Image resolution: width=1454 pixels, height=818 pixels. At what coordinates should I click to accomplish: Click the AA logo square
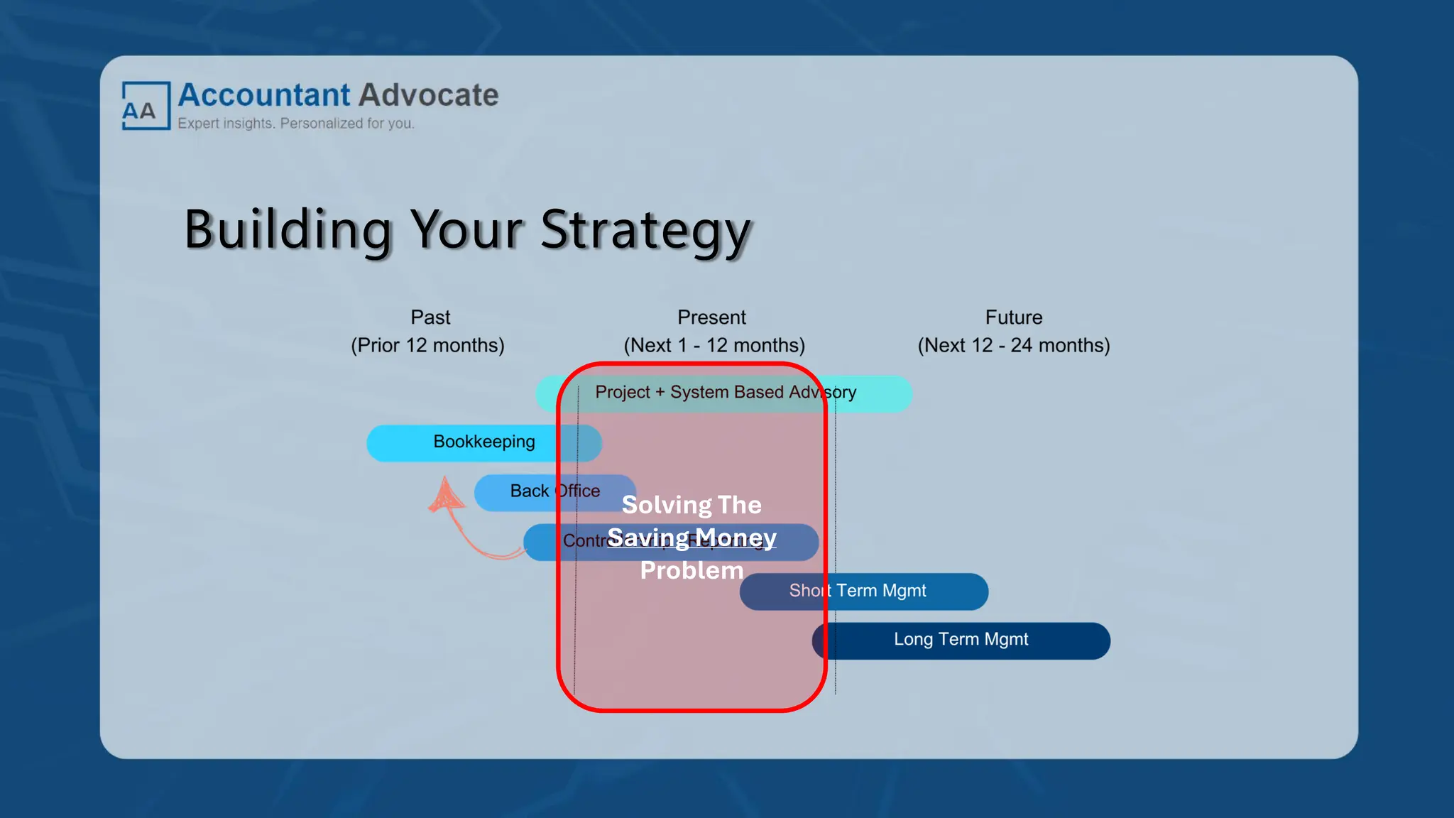point(146,106)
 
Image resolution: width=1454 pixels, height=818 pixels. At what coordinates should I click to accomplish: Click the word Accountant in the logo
point(264,95)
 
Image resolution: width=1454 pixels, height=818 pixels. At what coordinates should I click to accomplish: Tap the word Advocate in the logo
point(429,95)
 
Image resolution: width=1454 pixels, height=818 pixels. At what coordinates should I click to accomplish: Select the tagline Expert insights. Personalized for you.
point(295,124)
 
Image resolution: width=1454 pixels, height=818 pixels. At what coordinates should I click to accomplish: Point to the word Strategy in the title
point(645,231)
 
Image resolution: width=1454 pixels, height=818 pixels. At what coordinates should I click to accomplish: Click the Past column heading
point(430,317)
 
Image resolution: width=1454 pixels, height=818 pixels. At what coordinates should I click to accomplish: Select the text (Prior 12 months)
point(427,345)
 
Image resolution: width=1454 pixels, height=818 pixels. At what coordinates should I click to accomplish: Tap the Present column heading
point(711,317)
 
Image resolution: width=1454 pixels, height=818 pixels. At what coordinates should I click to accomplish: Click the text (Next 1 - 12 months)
point(714,345)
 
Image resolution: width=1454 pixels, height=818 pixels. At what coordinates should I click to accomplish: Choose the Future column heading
point(1013,317)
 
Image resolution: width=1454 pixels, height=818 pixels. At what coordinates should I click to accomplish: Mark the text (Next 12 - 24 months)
point(1013,345)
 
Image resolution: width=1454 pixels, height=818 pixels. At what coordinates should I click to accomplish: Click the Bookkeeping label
point(484,442)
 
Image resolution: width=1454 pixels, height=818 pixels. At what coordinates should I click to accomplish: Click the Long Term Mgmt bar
point(961,640)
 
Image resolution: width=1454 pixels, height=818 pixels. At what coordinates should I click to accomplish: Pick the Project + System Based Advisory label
point(725,392)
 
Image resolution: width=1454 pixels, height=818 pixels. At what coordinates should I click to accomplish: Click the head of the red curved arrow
point(446,493)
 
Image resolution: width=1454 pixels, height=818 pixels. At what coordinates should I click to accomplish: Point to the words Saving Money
point(692,538)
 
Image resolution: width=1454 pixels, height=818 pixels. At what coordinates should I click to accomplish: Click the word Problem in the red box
point(692,570)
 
